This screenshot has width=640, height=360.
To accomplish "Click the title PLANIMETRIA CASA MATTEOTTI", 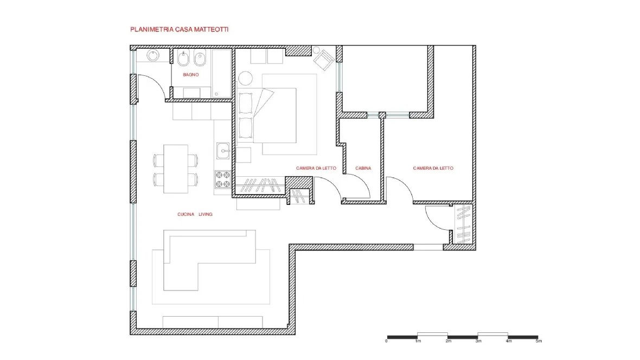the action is point(179,29).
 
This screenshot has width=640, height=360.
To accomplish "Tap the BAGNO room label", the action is point(190,75).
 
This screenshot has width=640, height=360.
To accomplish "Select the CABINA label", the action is point(363,168).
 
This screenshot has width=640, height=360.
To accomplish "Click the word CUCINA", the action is point(185,214).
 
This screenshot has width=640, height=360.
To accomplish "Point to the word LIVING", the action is point(206,214).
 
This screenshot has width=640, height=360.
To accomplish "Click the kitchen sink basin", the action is point(223,151).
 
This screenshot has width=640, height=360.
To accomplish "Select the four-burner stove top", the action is point(223,179).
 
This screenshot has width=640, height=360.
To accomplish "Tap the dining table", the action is point(176,169).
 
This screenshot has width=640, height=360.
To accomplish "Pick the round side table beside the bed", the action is point(245,78).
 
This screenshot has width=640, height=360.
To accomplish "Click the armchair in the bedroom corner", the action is point(324,60).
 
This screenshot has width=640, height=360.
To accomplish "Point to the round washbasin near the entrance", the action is point(153,55).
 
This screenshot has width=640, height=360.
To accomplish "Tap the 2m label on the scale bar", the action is point(448,341).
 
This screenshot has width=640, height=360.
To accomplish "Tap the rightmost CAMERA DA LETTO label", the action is point(433,168).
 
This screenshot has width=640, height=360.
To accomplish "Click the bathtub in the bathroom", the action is point(222,74).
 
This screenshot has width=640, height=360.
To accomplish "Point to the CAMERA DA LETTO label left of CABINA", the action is point(316,168).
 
